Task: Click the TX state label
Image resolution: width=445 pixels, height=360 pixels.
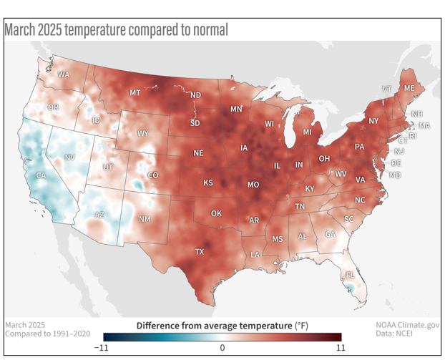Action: pyautogui.click(x=200, y=252)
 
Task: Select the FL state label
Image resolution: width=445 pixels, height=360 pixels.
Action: pyautogui.click(x=351, y=275)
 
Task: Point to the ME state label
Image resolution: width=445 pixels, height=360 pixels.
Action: pyautogui.click(x=409, y=88)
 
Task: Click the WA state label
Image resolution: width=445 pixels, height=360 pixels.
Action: pyautogui.click(x=64, y=74)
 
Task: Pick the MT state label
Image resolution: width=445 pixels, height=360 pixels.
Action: pyautogui.click(x=135, y=93)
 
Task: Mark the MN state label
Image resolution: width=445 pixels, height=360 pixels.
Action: pyautogui.click(x=236, y=110)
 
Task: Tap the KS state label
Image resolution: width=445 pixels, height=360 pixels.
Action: pyautogui.click(x=207, y=183)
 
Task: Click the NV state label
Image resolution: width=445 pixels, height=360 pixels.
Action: pyautogui.click(x=69, y=157)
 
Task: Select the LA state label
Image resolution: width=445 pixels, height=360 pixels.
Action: pyautogui.click(x=255, y=255)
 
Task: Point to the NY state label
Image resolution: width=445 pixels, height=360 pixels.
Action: pyautogui.click(x=373, y=121)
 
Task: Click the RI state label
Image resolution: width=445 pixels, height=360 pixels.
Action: pyautogui.click(x=412, y=135)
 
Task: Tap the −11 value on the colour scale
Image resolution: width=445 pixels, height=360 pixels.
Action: pyautogui.click(x=103, y=348)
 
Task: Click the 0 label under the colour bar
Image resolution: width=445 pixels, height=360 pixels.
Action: pyautogui.click(x=222, y=348)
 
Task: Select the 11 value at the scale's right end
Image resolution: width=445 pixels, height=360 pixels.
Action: pyautogui.click(x=340, y=348)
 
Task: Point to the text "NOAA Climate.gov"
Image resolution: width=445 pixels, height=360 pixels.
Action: pyautogui.click(x=408, y=324)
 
